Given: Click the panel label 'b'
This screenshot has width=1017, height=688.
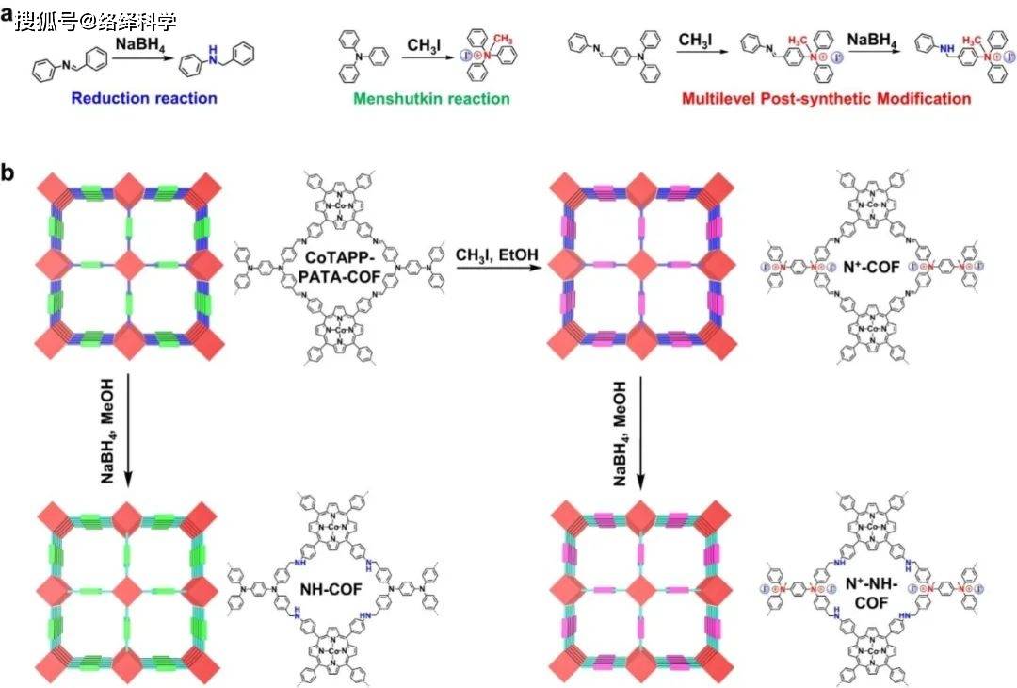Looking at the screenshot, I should (8, 172).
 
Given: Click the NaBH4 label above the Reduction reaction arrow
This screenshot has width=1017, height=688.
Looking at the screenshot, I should (137, 44).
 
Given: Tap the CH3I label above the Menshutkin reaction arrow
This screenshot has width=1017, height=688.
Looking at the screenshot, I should (427, 44).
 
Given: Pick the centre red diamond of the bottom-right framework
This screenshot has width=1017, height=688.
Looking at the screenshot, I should (640, 592).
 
